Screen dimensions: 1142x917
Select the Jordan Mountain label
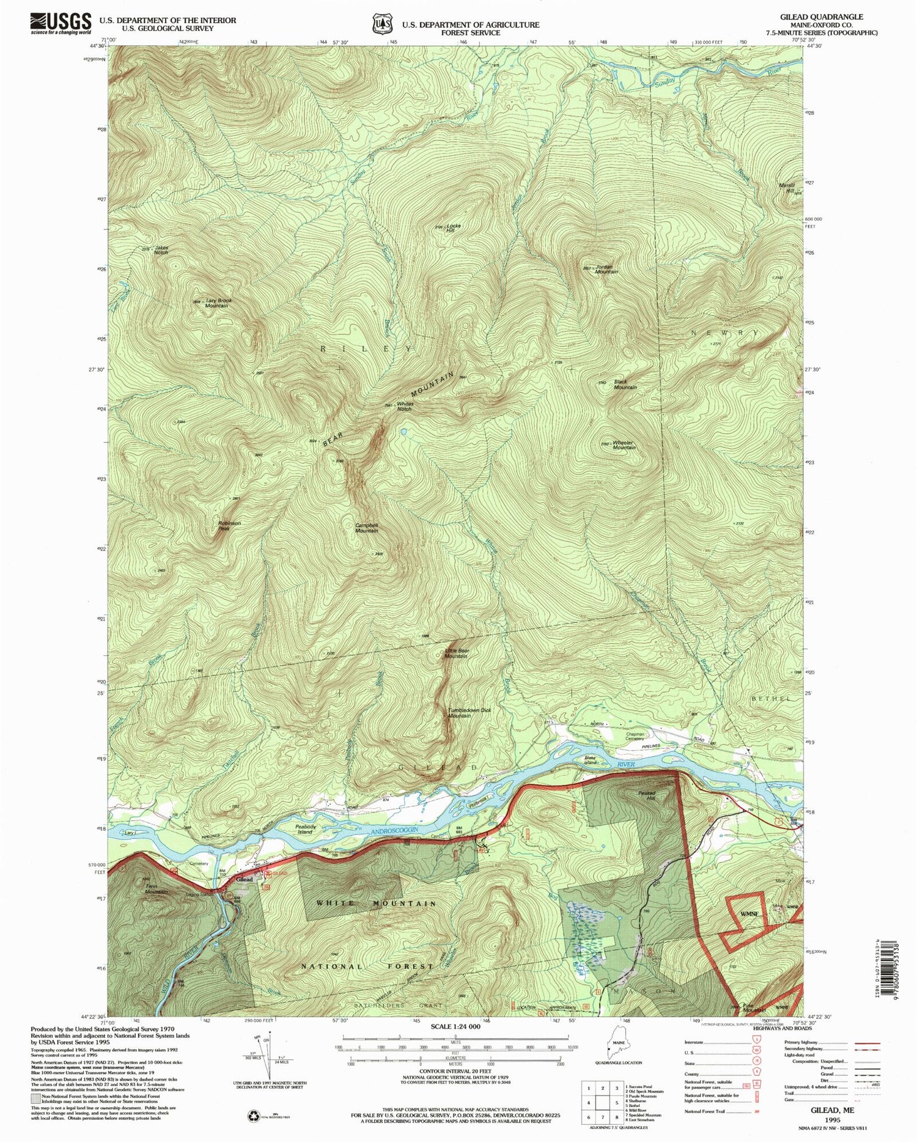(x=606, y=269)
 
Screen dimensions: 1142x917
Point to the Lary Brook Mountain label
(x=217, y=303)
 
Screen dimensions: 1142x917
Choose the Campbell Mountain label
(x=367, y=528)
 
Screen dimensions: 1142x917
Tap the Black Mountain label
(x=625, y=385)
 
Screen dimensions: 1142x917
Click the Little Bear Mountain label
(x=457, y=653)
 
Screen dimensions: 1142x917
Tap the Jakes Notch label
(x=161, y=250)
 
